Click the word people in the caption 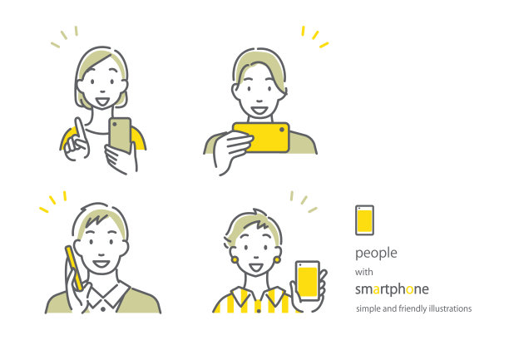(x=376, y=254)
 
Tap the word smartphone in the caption (x=392, y=289)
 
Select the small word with (x=364, y=272)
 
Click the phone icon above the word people (x=364, y=220)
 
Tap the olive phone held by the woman (x=120, y=136)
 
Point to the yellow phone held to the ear (x=74, y=269)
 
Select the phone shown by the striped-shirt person (x=308, y=281)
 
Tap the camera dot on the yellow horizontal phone (x=282, y=129)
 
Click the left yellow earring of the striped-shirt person (x=235, y=260)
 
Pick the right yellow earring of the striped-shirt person (x=277, y=259)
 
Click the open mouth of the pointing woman (x=102, y=102)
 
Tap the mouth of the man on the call (x=101, y=264)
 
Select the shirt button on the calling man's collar (x=103, y=309)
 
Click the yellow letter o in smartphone (x=410, y=289)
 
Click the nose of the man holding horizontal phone (x=259, y=100)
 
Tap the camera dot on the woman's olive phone (x=115, y=125)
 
